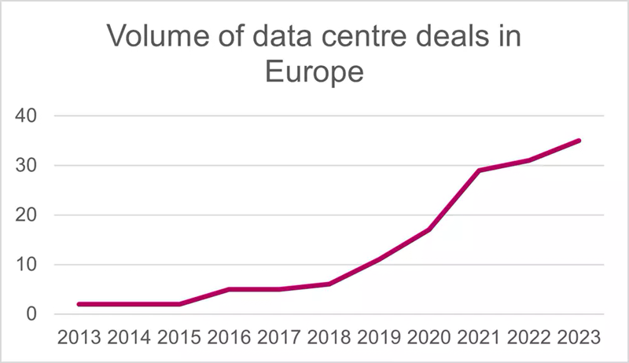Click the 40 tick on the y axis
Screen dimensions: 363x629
[x=27, y=116]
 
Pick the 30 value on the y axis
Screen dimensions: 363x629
[x=27, y=166]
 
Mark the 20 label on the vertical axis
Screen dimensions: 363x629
[x=27, y=215]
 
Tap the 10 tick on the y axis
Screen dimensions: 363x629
[x=27, y=265]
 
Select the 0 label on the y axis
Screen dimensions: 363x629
[x=33, y=314]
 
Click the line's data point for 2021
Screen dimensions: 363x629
[x=480, y=170]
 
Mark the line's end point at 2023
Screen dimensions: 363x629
[x=579, y=141]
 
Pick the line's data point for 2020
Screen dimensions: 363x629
[x=429, y=229]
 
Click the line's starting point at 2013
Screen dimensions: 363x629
[x=79, y=304]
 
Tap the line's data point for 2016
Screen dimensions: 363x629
[x=229, y=289]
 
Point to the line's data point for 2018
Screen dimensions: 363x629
[x=329, y=284]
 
